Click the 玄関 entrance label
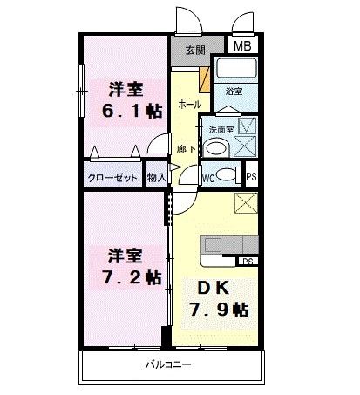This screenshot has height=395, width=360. [192, 49]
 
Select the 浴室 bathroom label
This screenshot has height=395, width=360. [234, 91]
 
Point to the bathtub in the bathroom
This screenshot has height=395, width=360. [237, 71]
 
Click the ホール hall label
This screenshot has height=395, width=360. [188, 104]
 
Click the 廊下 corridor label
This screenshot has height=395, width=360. [186, 149]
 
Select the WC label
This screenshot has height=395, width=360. [208, 176]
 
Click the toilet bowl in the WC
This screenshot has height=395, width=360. [225, 173]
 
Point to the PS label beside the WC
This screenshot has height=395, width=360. [251, 175]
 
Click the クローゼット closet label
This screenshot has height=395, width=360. [112, 177]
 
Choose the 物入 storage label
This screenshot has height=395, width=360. [157, 177]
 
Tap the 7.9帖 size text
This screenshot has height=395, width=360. [219, 309]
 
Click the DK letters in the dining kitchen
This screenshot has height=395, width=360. [206, 288]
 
